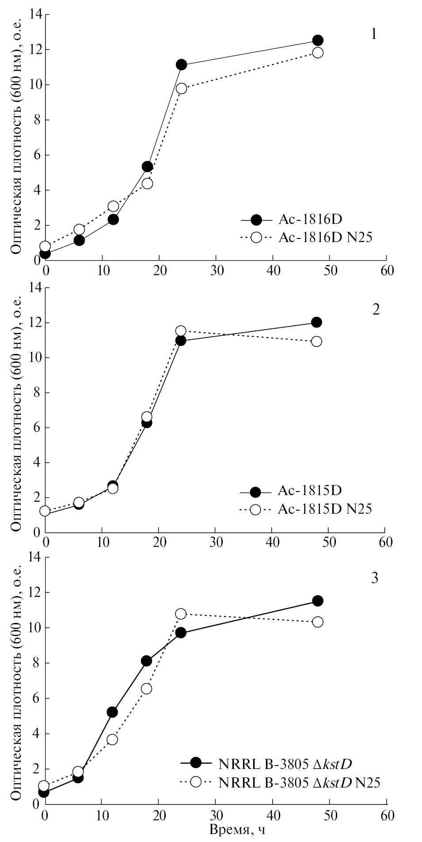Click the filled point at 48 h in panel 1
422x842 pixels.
[x=317, y=40]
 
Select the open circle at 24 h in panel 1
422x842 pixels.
[x=181, y=88]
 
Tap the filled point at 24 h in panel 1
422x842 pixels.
[x=181, y=65]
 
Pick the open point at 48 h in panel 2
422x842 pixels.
[x=316, y=341]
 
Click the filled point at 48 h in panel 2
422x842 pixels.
[x=316, y=322]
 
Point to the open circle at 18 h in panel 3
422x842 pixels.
[x=147, y=688]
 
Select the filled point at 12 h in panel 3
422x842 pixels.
[x=112, y=712]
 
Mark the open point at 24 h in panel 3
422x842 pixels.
[x=181, y=614]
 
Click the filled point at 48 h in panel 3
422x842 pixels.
[x=317, y=600]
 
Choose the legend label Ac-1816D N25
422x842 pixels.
[x=325, y=238]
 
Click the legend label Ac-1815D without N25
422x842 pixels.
[x=310, y=490]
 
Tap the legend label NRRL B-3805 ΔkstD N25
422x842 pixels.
[x=299, y=782]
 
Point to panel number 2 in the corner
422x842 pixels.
[x=376, y=309]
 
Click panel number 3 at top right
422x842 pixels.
[x=374, y=578]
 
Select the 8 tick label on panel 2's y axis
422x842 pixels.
[x=36, y=392]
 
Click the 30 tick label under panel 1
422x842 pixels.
[x=216, y=270]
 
